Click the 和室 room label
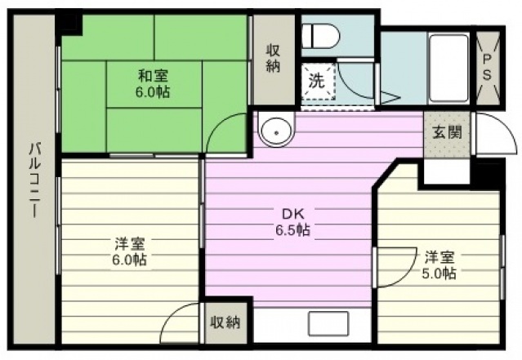[x=153, y=76]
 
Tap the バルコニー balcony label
[x=34, y=180]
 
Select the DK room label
[x=293, y=214]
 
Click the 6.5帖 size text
[x=293, y=229]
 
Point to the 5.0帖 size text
[x=439, y=273]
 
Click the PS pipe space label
[x=487, y=68]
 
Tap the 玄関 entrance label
[x=447, y=133]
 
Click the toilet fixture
[x=320, y=36]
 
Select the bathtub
[x=449, y=68]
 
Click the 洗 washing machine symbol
[x=318, y=81]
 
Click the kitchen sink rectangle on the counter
[x=328, y=323]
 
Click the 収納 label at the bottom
[x=225, y=322]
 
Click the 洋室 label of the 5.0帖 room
[x=439, y=257]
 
